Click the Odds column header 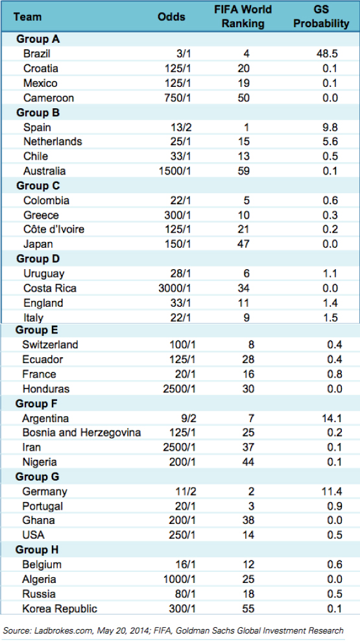coord(171,17)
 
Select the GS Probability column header coord(321,17)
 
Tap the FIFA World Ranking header coord(243,17)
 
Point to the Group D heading coord(38,259)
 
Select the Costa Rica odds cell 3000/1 coord(175,288)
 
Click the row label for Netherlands coord(53,141)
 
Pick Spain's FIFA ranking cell coord(246,127)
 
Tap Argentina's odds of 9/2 coord(186,418)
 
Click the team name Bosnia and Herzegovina coord(82,433)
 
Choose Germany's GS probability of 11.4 coord(331,492)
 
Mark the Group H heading coord(37,550)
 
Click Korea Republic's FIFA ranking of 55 coord(248,608)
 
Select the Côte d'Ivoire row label coord(54,230)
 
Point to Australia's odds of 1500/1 coord(175,171)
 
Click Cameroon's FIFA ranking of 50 coord(244,98)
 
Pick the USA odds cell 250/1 coord(182,535)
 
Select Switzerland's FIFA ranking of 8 coord(251,345)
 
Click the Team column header coord(27,17)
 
